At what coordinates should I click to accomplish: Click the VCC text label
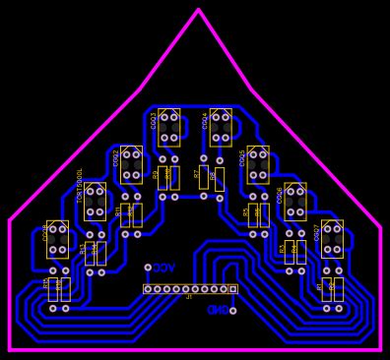164,268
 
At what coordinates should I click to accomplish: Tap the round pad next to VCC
148,268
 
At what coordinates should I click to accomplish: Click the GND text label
217,310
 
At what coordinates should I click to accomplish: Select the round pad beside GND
232,311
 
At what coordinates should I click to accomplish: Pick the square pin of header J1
233,289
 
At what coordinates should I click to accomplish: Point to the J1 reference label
189,297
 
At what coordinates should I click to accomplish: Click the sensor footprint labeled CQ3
168,127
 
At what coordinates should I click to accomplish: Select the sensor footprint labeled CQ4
221,127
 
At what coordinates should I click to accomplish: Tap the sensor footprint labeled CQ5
258,164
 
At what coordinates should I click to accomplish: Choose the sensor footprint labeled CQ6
295,201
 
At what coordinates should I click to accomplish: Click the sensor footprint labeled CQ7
332,238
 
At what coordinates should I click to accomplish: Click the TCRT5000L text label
81,185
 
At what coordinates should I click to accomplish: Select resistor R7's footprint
204,177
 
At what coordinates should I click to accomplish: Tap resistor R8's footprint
219,179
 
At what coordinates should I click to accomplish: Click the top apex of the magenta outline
198,10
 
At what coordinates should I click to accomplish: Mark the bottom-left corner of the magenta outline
10,349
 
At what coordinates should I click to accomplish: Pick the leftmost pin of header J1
148,289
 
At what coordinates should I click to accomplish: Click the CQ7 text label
317,232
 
